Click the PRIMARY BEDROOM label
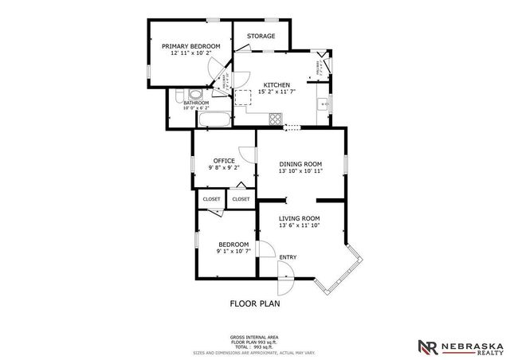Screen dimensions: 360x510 click(190, 46)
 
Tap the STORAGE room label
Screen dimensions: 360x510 click(261, 36)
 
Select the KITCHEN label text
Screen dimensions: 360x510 click(277, 85)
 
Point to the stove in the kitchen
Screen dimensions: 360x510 click(276, 120)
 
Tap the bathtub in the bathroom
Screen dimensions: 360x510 click(214, 121)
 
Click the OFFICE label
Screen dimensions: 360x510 click(223, 161)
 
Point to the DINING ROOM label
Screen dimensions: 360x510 click(300, 164)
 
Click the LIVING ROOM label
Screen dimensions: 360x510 click(299, 218)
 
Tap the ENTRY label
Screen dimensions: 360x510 click(288, 256)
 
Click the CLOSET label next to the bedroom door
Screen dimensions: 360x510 click(211, 199)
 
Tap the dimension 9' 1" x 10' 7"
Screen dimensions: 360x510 click(233, 252)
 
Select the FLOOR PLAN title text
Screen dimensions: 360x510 click(255, 303)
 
